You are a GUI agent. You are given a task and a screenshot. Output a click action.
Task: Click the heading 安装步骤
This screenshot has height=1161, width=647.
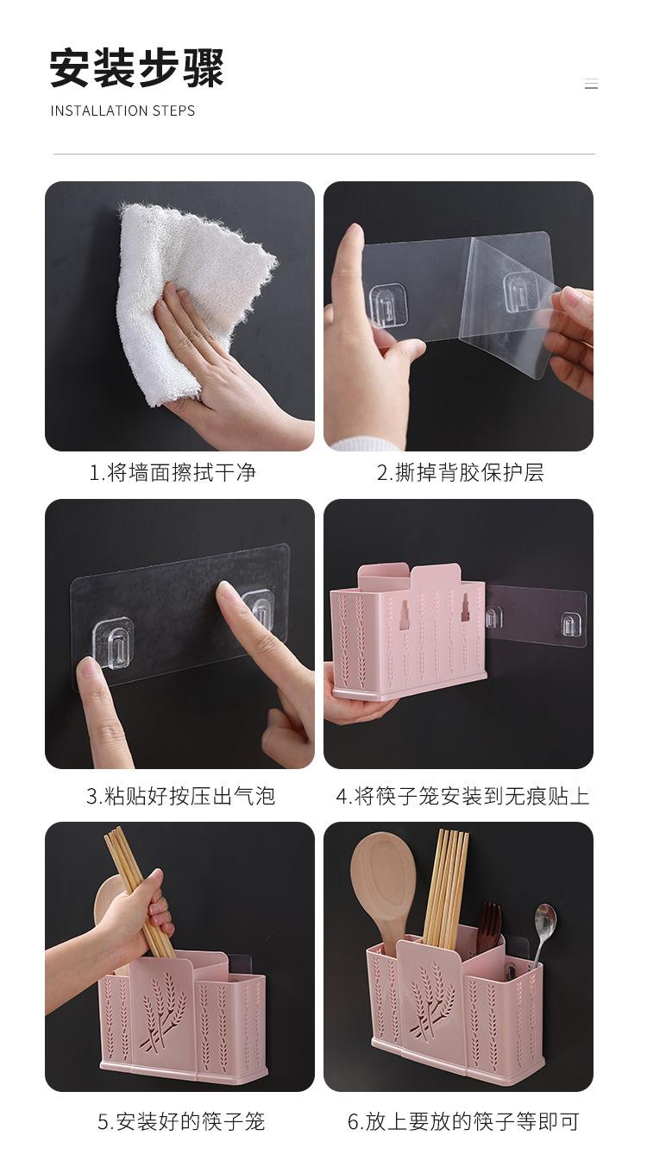137,68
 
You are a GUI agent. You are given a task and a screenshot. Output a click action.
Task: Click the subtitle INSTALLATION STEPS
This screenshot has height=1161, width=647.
122,110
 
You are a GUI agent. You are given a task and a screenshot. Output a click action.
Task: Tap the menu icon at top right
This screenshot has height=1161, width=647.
591,84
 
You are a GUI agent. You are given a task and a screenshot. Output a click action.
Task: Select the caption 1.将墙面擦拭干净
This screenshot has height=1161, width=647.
173,473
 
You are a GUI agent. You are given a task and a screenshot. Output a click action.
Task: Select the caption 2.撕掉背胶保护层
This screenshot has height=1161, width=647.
461,473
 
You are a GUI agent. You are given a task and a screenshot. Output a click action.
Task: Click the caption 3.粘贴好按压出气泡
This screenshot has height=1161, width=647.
181,796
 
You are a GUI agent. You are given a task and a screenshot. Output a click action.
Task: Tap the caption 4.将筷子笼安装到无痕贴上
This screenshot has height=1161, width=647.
462,796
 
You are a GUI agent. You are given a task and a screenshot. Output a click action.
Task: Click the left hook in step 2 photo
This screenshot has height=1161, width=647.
388,306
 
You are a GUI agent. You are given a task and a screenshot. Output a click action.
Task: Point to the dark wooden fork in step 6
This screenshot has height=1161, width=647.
489,931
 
